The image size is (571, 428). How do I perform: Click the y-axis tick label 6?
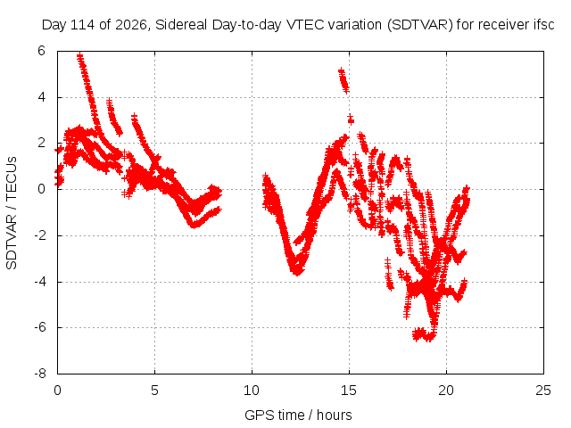click(41, 51)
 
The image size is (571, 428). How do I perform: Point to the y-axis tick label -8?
click(40, 374)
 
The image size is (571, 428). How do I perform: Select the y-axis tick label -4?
click(40, 282)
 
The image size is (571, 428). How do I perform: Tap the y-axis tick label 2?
click(41, 143)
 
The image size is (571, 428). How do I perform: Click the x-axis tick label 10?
click(252, 391)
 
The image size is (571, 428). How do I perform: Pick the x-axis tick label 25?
click(543, 391)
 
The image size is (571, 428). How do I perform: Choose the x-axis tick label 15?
click(349, 391)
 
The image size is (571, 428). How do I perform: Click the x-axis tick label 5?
click(154, 391)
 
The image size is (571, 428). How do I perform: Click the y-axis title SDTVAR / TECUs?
click(12, 213)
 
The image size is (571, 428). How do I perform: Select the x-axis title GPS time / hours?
click(298, 415)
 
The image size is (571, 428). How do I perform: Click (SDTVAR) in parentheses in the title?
click(420, 25)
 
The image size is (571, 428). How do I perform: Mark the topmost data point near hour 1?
click(79, 56)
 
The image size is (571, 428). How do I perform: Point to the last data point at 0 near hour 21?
click(466, 188)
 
